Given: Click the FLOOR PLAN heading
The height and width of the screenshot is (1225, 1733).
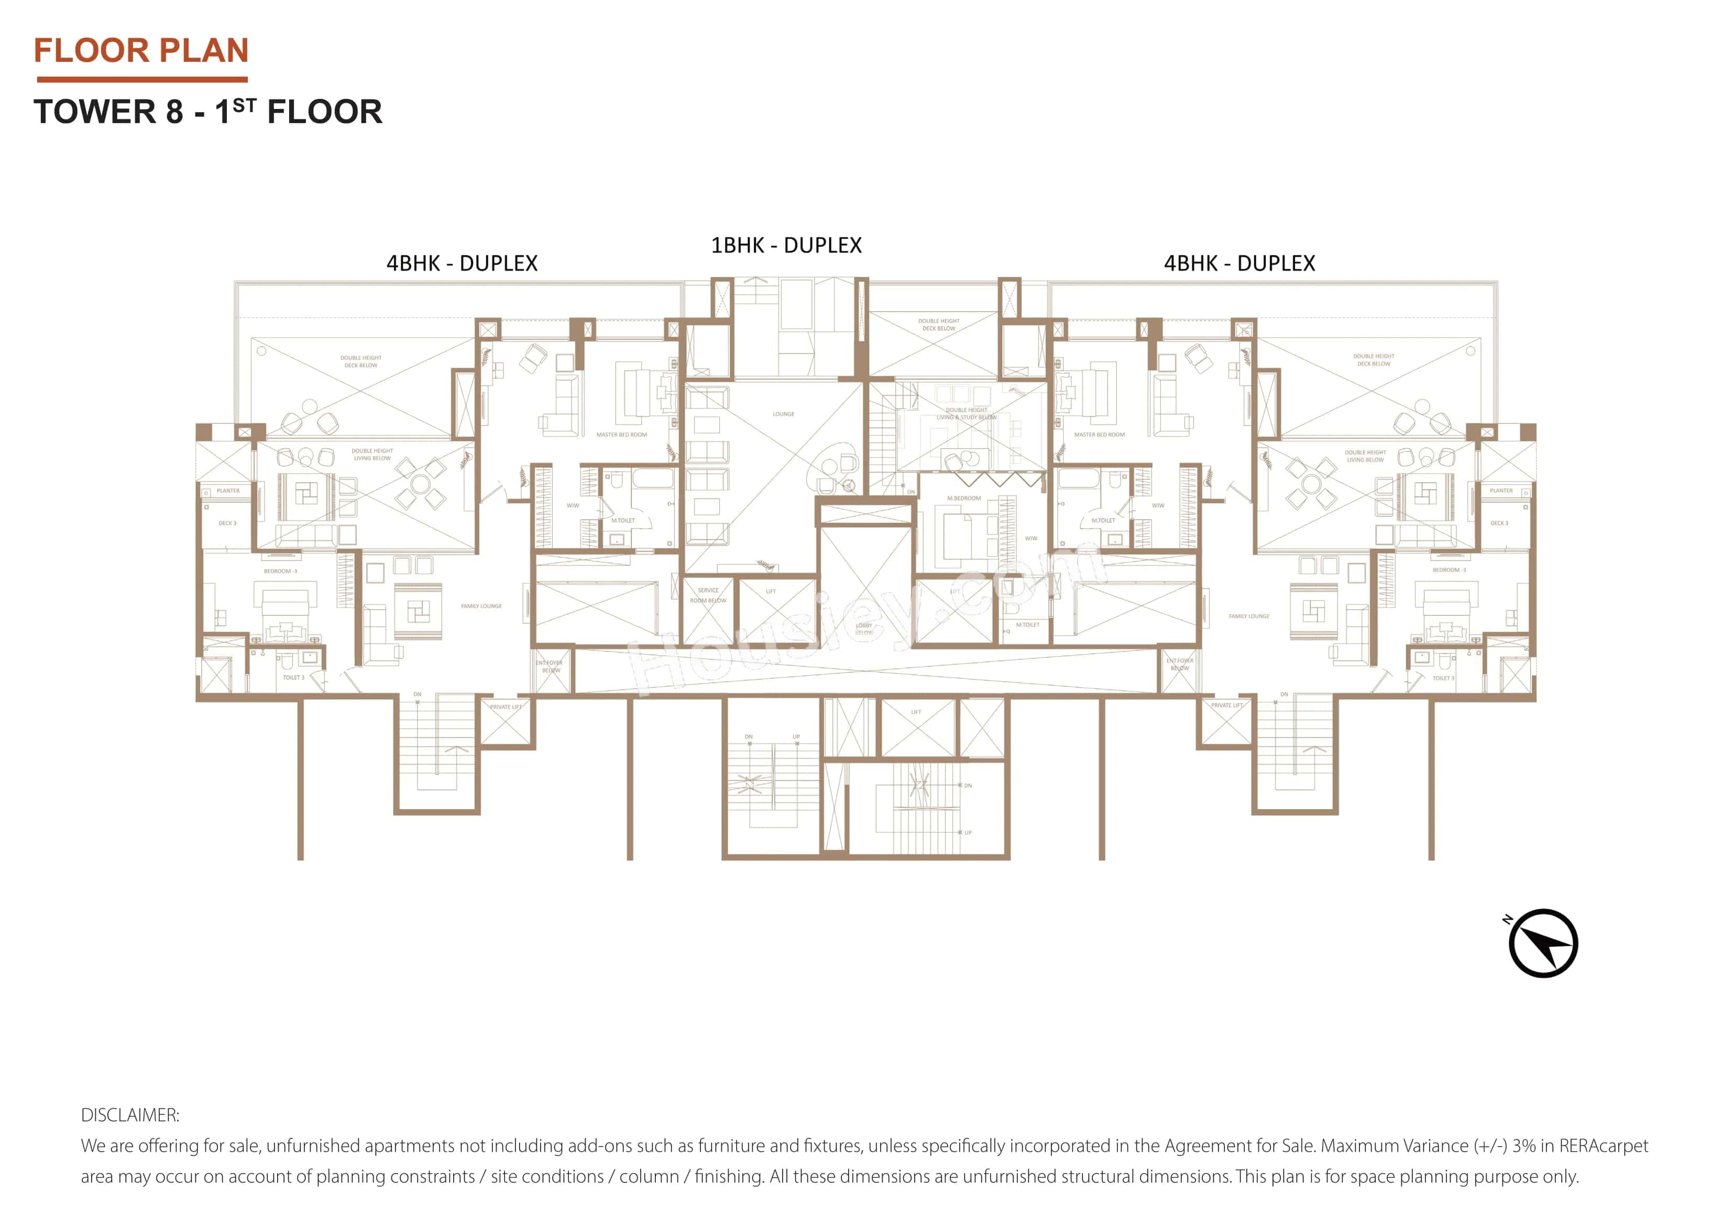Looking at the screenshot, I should tap(141, 51).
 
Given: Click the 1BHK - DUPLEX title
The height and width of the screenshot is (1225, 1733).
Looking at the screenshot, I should tap(786, 245).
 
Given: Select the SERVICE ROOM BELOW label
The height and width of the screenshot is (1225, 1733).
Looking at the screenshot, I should tap(707, 595).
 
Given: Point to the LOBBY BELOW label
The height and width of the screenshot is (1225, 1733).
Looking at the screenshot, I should tap(863, 627).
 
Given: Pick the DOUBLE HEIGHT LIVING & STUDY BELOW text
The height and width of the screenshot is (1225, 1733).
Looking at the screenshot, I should tap(966, 414).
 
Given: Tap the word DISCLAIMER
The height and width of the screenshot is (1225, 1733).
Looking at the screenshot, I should tap(130, 1115).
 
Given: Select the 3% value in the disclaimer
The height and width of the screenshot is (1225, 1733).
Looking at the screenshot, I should tap(1523, 1146).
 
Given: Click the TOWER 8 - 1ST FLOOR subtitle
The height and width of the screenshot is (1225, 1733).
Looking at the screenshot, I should tap(207, 112).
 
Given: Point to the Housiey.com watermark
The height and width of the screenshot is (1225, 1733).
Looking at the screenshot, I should tap(860, 619).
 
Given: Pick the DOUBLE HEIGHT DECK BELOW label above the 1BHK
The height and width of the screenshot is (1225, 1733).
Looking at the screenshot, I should tap(938, 325).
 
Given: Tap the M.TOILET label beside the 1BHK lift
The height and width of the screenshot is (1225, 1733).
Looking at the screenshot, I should tap(1027, 624).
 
